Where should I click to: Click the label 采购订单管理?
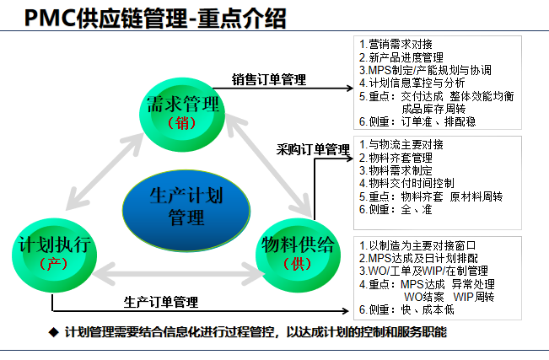pyautogui.click(x=313, y=150)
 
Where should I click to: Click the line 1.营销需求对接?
pyautogui.click(x=396, y=44)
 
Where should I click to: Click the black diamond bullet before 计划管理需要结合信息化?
pyautogui.click(x=53, y=332)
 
